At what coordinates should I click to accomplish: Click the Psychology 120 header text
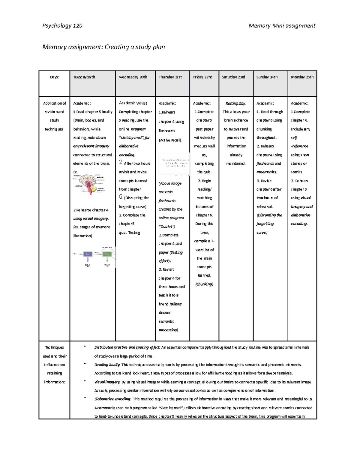[62, 26]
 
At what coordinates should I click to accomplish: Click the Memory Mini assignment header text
[282, 26]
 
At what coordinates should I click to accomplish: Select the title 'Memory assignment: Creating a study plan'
[103, 47]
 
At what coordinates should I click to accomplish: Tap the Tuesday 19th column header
[84, 77]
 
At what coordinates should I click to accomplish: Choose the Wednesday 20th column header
[133, 77]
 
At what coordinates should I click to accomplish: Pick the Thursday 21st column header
[170, 77]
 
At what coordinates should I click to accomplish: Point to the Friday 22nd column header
[202, 77]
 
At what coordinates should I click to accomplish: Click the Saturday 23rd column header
[233, 77]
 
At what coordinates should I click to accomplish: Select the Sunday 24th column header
[267, 77]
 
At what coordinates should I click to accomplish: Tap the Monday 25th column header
[302, 77]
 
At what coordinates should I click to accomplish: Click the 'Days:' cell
[55, 77]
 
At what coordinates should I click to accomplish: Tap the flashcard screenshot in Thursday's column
[174, 164]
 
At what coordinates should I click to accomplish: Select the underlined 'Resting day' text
[235, 103]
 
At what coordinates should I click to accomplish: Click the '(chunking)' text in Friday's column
[204, 284]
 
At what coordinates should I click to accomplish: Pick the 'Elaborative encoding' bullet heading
[112, 399]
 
